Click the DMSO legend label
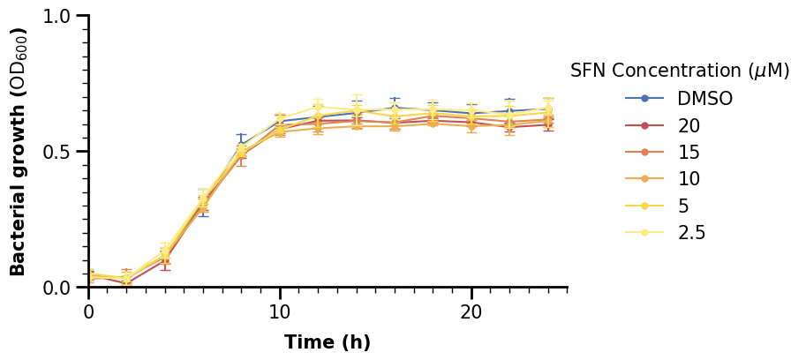click(704, 98)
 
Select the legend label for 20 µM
click(689, 125)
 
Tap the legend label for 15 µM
click(689, 152)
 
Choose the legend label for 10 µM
click(689, 179)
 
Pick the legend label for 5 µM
click(683, 206)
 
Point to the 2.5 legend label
click(691, 233)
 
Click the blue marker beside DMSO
click(644, 98)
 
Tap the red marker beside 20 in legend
click(644, 125)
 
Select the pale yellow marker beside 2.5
click(644, 233)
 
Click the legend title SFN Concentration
click(680, 71)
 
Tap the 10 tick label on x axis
click(280, 312)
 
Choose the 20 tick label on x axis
click(471, 312)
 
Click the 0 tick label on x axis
click(89, 312)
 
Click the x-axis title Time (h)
click(328, 342)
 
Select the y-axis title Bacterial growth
click(19, 152)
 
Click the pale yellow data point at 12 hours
click(319, 107)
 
